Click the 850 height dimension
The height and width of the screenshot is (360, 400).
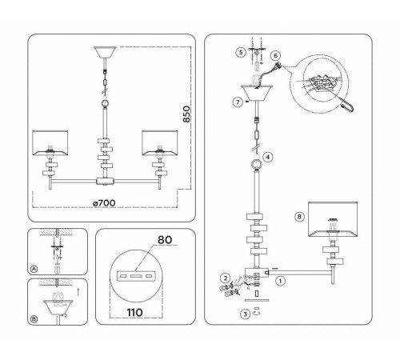[x=187, y=114]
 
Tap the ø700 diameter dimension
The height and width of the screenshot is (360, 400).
[x=104, y=203]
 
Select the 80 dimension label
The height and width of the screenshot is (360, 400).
[x=165, y=240]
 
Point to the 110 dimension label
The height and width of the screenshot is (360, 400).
[x=134, y=312]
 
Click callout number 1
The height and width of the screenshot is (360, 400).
[x=280, y=281]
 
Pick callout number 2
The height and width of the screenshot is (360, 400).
[x=226, y=278]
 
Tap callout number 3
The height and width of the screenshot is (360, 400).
[x=245, y=314]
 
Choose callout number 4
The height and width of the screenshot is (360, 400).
[x=268, y=157]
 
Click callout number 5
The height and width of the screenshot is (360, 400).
[x=241, y=52]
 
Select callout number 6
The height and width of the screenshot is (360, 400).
[x=275, y=56]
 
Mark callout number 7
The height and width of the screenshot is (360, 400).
[x=238, y=102]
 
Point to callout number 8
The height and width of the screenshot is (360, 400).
[x=299, y=217]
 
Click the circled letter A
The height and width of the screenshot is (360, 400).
[x=34, y=269]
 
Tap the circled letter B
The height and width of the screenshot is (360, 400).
[x=34, y=319]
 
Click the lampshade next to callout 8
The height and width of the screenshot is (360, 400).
[x=333, y=219]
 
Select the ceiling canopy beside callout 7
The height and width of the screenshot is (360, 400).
[x=257, y=93]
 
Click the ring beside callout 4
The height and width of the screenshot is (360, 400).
[x=257, y=164]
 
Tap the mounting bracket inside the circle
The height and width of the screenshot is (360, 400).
[x=136, y=276]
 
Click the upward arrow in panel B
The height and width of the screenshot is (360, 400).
[x=78, y=292]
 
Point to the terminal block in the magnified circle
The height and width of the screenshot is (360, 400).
[x=322, y=82]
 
